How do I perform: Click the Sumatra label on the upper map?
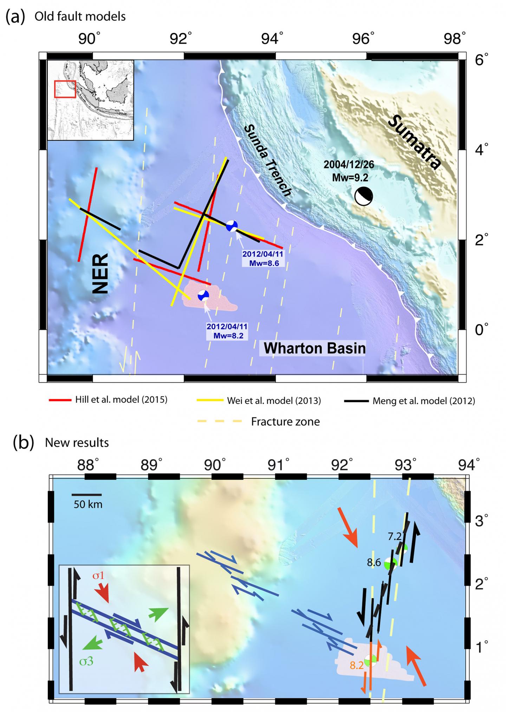click(415, 142)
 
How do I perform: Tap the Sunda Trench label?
click(267, 160)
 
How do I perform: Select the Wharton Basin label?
click(314, 348)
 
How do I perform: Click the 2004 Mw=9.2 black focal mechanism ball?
click(363, 196)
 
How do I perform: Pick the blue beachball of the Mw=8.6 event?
click(232, 226)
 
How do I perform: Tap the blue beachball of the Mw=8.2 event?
click(203, 295)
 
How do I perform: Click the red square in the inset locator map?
click(65, 89)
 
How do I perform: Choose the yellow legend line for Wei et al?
click(210, 400)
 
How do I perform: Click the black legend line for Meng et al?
click(356, 401)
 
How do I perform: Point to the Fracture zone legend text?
click(285, 421)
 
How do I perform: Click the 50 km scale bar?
click(88, 495)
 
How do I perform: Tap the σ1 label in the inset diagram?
click(99, 576)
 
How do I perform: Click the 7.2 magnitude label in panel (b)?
click(394, 536)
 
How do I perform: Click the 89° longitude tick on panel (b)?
click(151, 465)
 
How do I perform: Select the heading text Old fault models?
click(80, 17)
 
